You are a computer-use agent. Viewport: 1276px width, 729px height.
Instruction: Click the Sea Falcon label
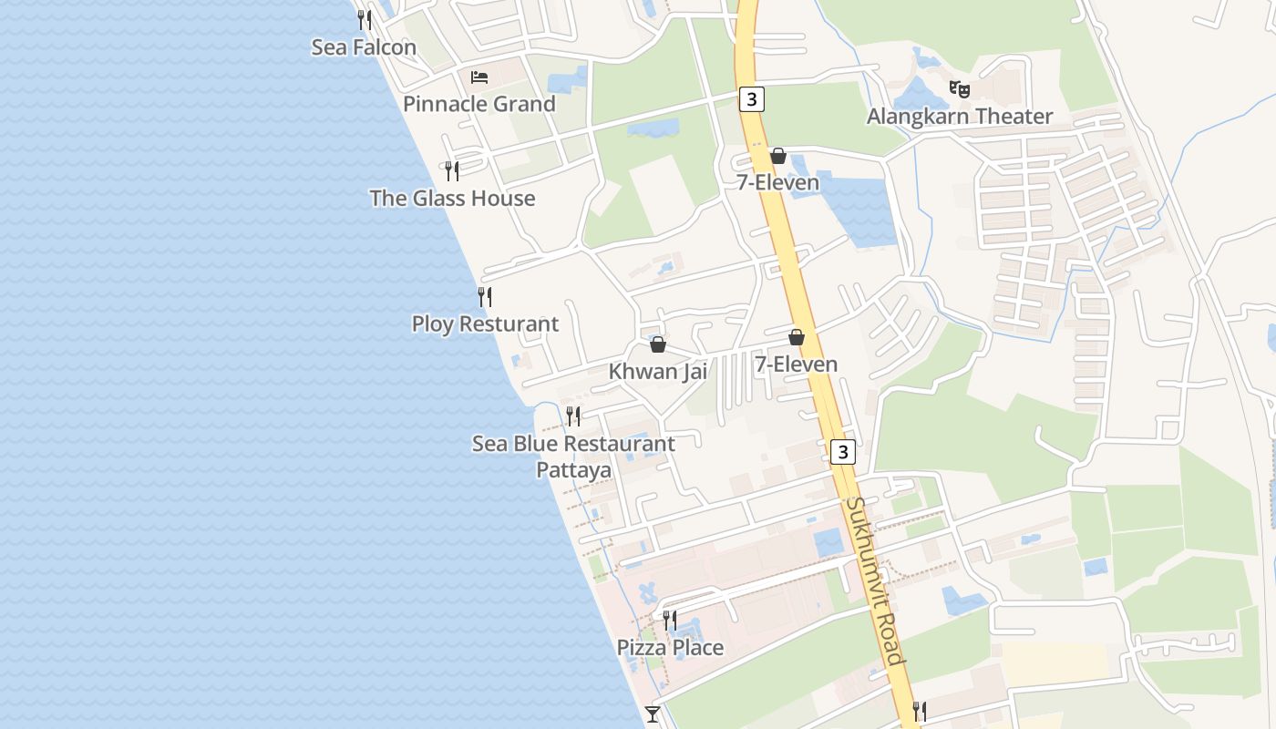(364, 47)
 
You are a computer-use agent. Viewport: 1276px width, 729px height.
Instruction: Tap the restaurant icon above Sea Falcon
(365, 19)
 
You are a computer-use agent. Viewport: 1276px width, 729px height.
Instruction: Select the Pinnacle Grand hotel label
(478, 104)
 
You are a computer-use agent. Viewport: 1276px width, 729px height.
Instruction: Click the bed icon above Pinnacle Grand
(479, 77)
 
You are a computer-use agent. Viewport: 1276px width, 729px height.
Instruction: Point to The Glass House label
(452, 199)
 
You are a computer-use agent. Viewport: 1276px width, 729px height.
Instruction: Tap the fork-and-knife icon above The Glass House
(452, 170)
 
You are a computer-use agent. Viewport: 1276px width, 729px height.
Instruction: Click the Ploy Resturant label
(485, 324)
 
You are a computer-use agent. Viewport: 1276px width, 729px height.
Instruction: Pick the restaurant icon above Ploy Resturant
(485, 296)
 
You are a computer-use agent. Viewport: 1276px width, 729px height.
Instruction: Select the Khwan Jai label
(658, 372)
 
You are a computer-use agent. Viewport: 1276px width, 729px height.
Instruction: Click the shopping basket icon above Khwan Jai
(658, 344)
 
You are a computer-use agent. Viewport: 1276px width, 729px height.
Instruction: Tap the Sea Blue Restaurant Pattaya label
(573, 457)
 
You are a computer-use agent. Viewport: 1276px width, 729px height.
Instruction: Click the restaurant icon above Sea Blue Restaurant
(573, 416)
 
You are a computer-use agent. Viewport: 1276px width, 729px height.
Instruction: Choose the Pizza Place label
(670, 648)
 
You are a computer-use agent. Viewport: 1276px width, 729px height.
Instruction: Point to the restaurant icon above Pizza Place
(670, 621)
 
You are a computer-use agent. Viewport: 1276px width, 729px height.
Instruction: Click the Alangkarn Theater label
(959, 117)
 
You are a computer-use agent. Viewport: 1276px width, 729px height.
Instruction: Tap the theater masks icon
(959, 89)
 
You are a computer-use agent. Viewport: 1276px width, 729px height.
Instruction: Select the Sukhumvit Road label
(874, 581)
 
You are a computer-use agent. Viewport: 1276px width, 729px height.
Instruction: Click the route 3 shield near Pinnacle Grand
(751, 99)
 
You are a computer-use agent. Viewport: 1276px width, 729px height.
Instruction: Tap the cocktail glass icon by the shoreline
(653, 714)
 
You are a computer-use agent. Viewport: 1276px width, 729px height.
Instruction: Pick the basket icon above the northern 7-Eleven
(778, 156)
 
